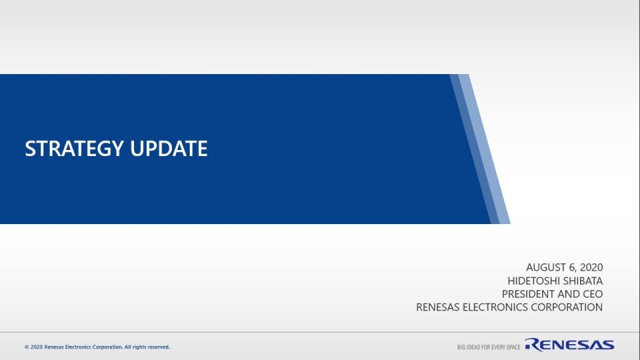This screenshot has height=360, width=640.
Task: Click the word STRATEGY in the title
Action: tap(74, 149)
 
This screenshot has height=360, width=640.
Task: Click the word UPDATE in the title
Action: tap(169, 149)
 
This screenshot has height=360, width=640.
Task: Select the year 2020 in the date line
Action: tap(591, 267)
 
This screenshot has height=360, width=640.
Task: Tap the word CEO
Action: tap(593, 294)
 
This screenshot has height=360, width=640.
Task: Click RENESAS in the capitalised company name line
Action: tap(437, 307)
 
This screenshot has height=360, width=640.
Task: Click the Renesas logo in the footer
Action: tap(569, 345)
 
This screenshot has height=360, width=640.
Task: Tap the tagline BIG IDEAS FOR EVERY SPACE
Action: tap(489, 347)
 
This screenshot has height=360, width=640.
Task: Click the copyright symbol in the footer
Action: tap(27, 347)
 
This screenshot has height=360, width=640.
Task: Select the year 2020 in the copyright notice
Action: tap(37, 347)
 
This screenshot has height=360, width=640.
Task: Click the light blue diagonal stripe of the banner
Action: tap(485, 149)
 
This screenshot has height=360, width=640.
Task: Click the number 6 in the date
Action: tap(572, 267)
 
